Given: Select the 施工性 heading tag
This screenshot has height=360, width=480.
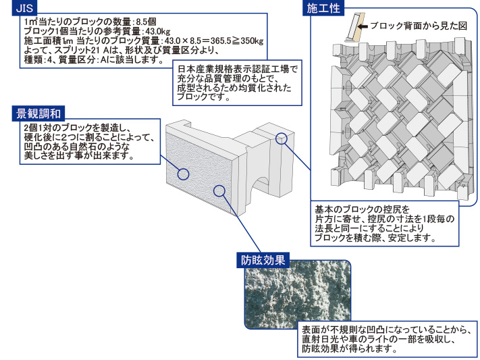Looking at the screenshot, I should click(x=323, y=9).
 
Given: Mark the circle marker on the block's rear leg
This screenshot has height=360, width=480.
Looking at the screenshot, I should click(x=282, y=139).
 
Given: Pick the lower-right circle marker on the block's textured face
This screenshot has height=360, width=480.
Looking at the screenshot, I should click(x=219, y=190).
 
